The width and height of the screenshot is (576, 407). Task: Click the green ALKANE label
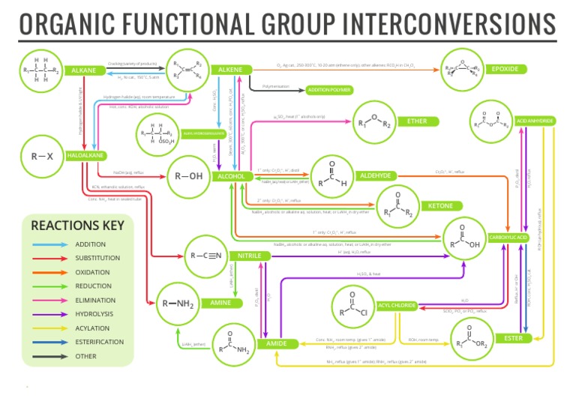(83, 70)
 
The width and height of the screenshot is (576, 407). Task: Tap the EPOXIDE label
(503, 70)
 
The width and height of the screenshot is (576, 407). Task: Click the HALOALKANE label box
(85, 155)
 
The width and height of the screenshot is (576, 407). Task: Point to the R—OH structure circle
(188, 177)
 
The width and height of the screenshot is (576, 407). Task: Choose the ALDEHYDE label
(375, 175)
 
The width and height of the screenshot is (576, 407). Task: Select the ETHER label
(417, 121)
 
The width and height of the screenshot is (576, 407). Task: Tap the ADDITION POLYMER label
(329, 90)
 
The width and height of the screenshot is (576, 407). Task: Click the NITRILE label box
(250, 256)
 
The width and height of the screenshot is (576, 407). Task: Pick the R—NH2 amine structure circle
(178, 304)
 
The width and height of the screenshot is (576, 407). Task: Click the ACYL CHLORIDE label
(397, 306)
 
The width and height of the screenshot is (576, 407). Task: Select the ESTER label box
(513, 338)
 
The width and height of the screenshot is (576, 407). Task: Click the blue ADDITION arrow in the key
(49, 244)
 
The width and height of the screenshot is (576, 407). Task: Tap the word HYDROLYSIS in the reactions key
(94, 314)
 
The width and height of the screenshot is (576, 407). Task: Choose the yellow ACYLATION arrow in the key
(49, 328)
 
